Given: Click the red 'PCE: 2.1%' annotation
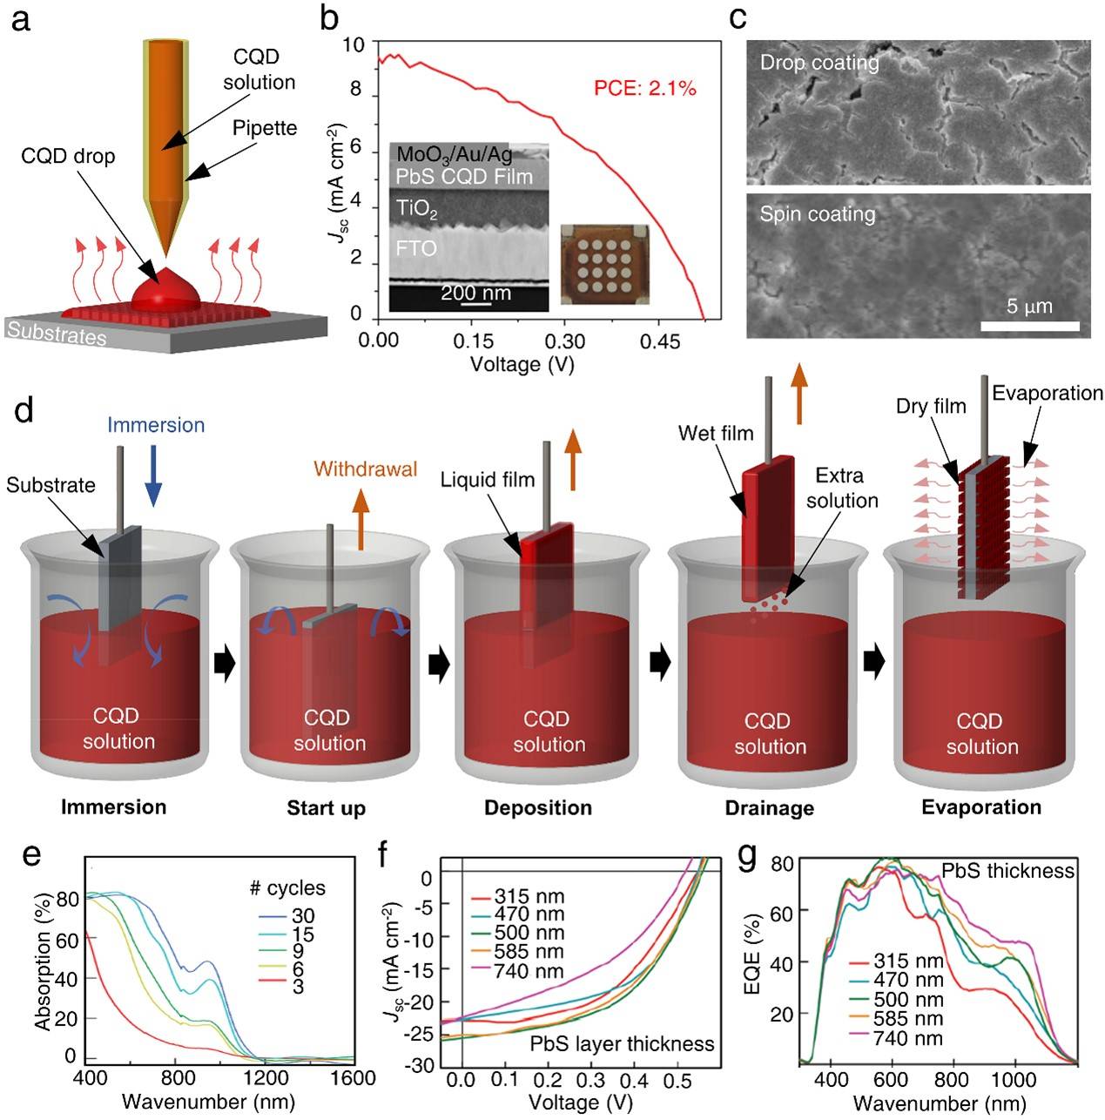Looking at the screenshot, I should (645, 88).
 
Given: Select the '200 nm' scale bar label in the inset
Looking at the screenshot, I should (475, 293).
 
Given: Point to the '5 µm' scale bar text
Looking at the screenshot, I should (1029, 306).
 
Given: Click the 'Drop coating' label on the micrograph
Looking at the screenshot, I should (819, 63).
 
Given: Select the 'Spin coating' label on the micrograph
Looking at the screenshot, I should (817, 214).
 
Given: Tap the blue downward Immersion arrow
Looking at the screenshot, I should (153, 475).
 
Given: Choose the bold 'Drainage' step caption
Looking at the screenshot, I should (769, 808).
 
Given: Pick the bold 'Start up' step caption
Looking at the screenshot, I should (326, 808).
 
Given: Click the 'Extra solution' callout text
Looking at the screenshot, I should (841, 488).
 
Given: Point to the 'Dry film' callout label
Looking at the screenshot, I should (931, 406).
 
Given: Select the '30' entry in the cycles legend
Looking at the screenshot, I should (303, 915).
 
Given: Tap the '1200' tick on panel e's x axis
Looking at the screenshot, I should (263, 1078).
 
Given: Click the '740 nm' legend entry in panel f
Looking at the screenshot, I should (529, 971).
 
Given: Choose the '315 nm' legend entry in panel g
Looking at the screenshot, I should (908, 961).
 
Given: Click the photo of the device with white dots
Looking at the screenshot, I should (603, 265).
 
